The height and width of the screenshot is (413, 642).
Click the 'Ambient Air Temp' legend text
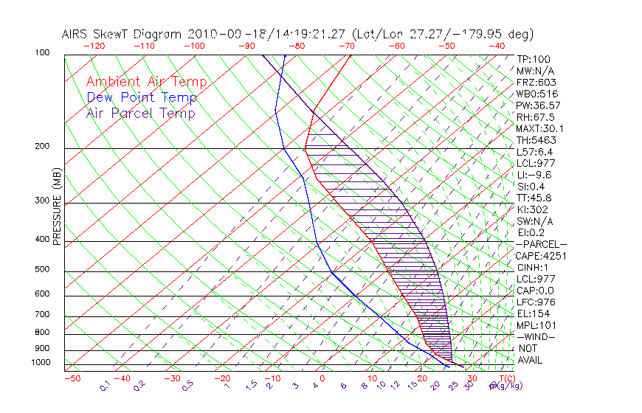click(146, 83)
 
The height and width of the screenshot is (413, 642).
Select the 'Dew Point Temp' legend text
click(142, 98)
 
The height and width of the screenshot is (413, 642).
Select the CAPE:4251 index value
click(538, 256)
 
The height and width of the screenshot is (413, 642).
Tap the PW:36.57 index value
click(536, 105)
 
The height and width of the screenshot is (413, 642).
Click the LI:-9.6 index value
click(534, 175)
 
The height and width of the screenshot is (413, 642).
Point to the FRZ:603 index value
click(536, 83)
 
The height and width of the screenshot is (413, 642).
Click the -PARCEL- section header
click(541, 244)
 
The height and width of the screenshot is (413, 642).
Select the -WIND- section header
click(536, 336)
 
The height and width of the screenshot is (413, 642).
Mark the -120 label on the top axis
click(95, 46)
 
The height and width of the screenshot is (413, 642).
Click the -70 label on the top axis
click(346, 46)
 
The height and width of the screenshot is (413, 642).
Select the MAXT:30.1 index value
click(537, 128)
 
